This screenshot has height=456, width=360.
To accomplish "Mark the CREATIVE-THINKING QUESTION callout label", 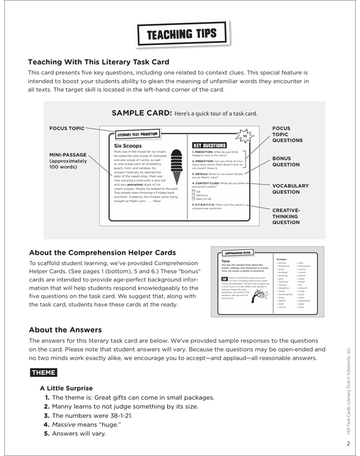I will click(x=291, y=216).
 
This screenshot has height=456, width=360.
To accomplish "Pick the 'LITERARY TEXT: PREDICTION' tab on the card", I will click(x=137, y=133).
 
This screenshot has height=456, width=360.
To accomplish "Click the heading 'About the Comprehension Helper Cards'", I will click(x=98, y=252).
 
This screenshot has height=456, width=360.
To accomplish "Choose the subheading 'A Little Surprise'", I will click(x=67, y=388).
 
